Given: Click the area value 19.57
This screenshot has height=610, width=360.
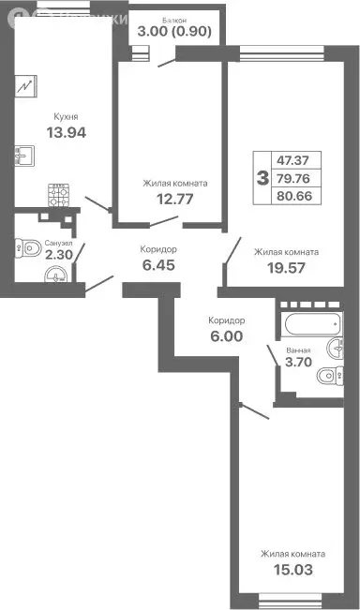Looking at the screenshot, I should point(287,268).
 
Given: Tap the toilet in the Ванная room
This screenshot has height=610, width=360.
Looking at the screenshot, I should point(325,378).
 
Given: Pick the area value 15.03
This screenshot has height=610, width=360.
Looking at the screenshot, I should point(293,570).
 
